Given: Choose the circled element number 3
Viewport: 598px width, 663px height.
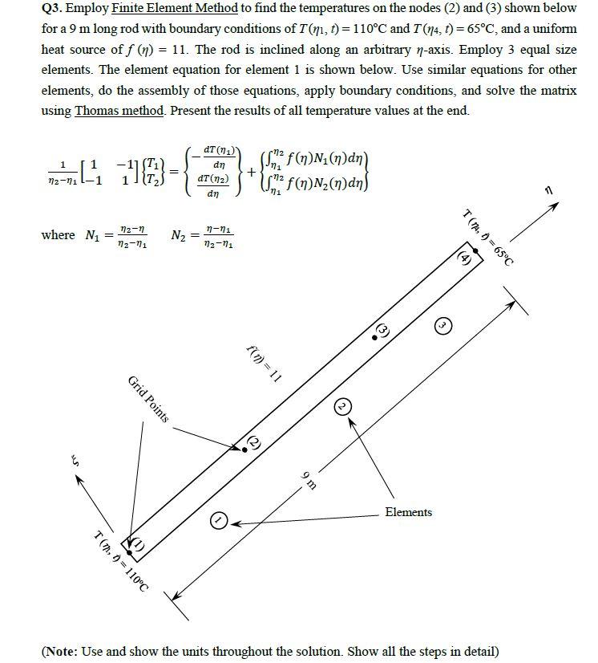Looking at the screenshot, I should pyautogui.click(x=442, y=325).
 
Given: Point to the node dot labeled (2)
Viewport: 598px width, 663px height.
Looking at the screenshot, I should pyautogui.click(x=244, y=449).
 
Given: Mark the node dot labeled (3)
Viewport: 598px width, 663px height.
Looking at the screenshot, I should pyautogui.click(x=374, y=338).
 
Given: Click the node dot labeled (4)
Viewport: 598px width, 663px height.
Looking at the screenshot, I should pyautogui.click(x=475, y=250).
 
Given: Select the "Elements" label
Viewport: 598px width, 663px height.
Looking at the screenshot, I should pyautogui.click(x=408, y=512).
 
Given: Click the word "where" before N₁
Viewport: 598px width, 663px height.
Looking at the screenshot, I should pyautogui.click(x=58, y=235).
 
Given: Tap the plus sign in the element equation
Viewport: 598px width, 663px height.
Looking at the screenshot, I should pyautogui.click(x=252, y=173).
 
